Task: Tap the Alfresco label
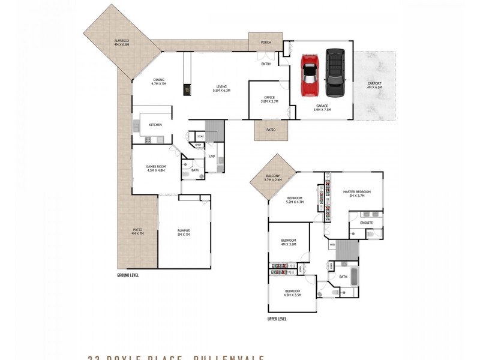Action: [122, 43]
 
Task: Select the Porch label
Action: [266, 43]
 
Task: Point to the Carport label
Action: [374, 85]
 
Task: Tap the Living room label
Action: [221, 88]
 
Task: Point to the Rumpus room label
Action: [183, 232]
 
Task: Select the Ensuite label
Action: [367, 223]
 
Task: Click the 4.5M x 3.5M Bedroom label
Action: [293, 292]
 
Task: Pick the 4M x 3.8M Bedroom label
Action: [289, 242]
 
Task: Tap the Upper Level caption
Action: [277, 319]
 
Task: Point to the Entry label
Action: [266, 64]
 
